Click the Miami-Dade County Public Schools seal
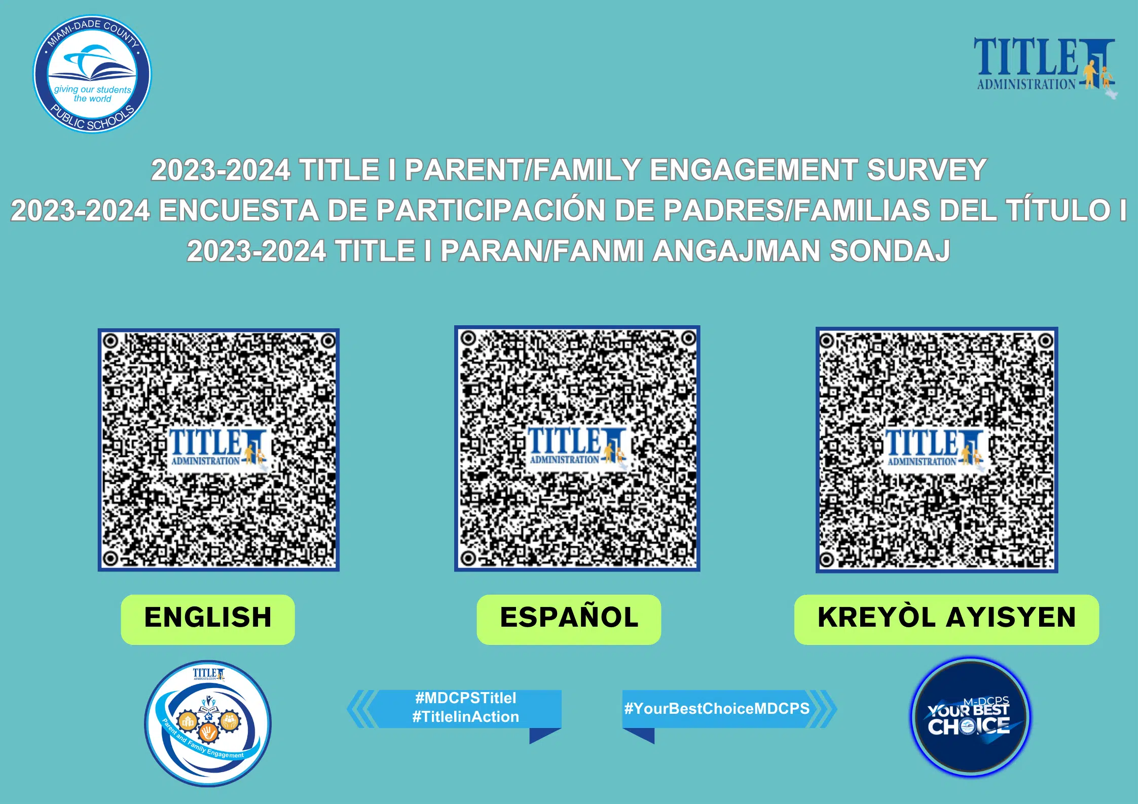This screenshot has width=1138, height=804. (92, 74)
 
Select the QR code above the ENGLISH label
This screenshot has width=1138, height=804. (218, 450)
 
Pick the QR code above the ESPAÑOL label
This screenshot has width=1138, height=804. (577, 448)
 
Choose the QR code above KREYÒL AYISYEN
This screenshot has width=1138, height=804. (937, 450)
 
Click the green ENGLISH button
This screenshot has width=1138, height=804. (208, 619)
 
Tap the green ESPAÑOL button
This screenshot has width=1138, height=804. (569, 619)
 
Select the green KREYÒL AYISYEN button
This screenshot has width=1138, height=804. (946, 619)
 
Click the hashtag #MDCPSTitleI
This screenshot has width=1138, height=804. (466, 698)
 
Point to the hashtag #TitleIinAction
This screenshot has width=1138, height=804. (466, 717)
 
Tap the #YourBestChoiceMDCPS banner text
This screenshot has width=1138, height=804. (717, 708)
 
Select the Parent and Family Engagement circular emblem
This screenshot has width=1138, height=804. (208, 723)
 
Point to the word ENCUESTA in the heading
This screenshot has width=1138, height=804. (238, 210)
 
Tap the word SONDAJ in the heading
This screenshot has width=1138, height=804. (890, 251)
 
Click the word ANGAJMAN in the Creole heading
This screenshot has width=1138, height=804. (736, 251)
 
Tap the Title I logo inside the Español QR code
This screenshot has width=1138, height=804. (577, 447)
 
